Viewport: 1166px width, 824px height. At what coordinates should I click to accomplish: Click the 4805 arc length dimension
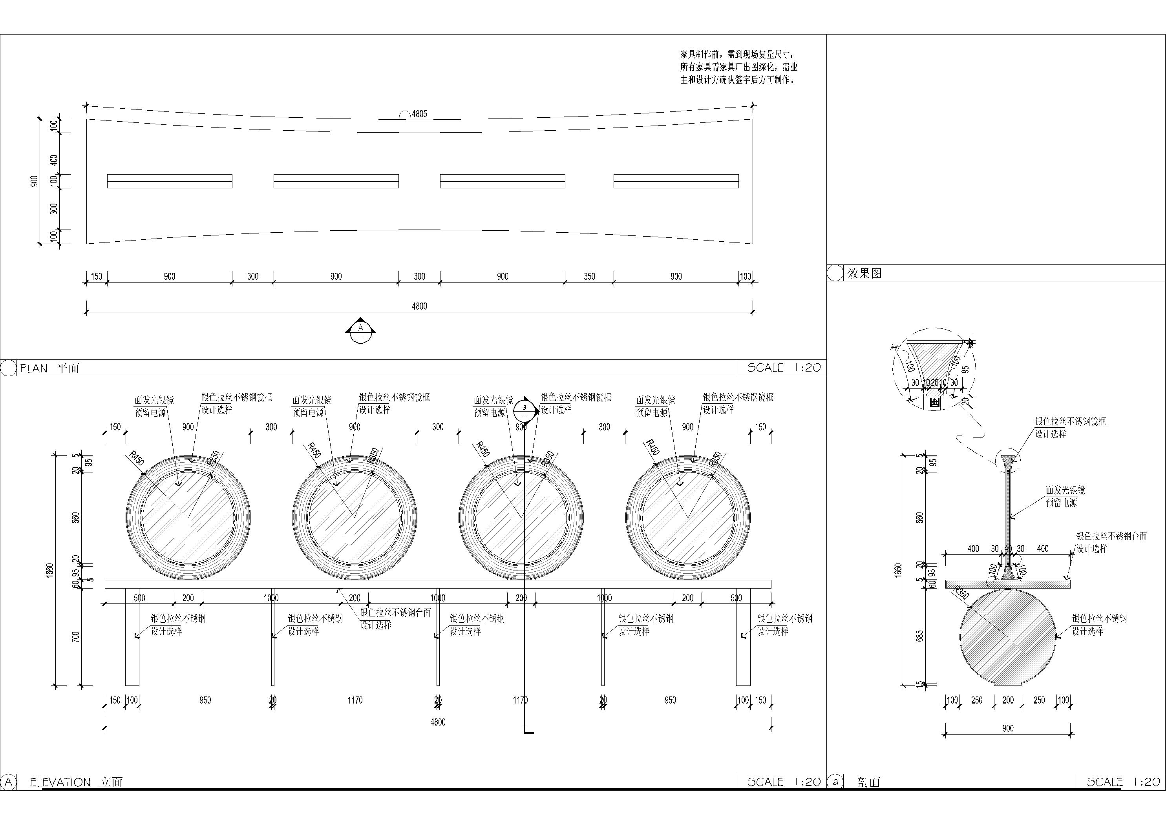coord(419,114)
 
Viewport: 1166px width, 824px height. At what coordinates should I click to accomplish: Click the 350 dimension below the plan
coord(589,277)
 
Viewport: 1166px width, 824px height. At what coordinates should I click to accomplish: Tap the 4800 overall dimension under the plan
coord(419,306)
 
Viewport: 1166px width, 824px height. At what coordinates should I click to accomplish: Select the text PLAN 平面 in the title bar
coord(49,368)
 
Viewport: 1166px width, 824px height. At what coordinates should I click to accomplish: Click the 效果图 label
coord(864,273)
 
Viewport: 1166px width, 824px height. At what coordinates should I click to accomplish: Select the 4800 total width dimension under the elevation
coord(438,722)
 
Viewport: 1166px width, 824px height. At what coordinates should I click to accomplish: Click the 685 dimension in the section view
coord(919,636)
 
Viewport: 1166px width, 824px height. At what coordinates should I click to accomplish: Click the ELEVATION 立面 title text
coord(76,782)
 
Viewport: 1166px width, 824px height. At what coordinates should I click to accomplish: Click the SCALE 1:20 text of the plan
coord(784,368)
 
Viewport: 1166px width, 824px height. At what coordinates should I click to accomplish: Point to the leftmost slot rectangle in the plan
coord(170,181)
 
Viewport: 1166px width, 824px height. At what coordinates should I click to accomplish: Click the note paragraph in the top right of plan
coord(738,67)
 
